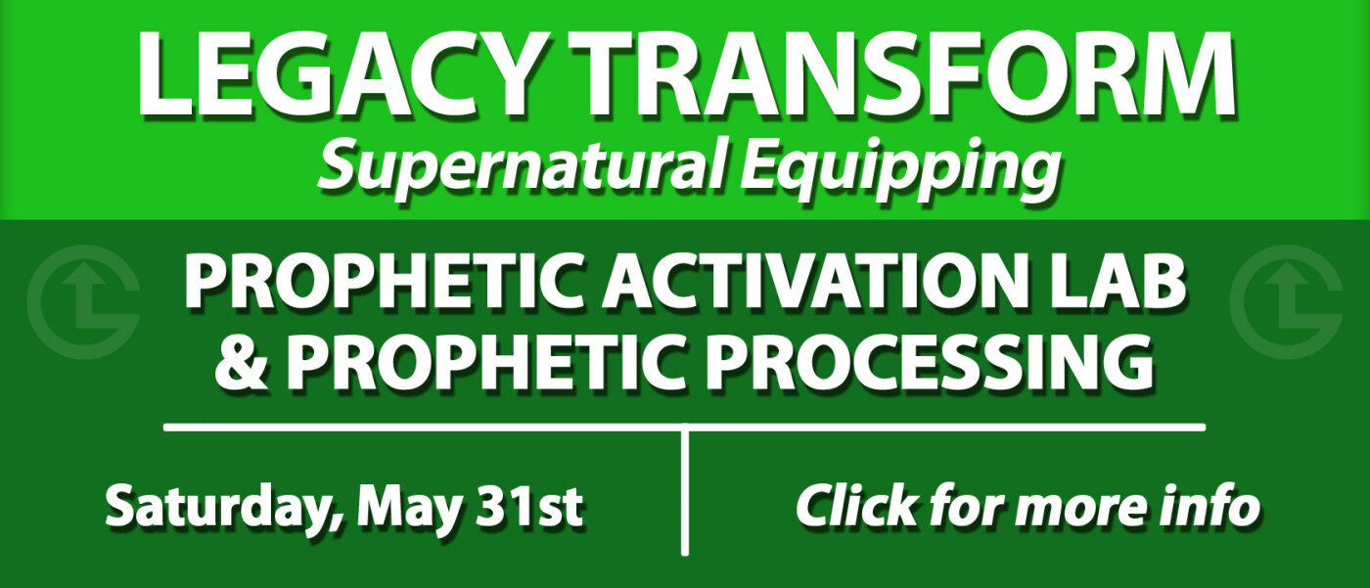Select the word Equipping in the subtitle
tap(899, 167)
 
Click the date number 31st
tap(529, 506)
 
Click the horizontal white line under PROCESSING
tap(684, 428)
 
